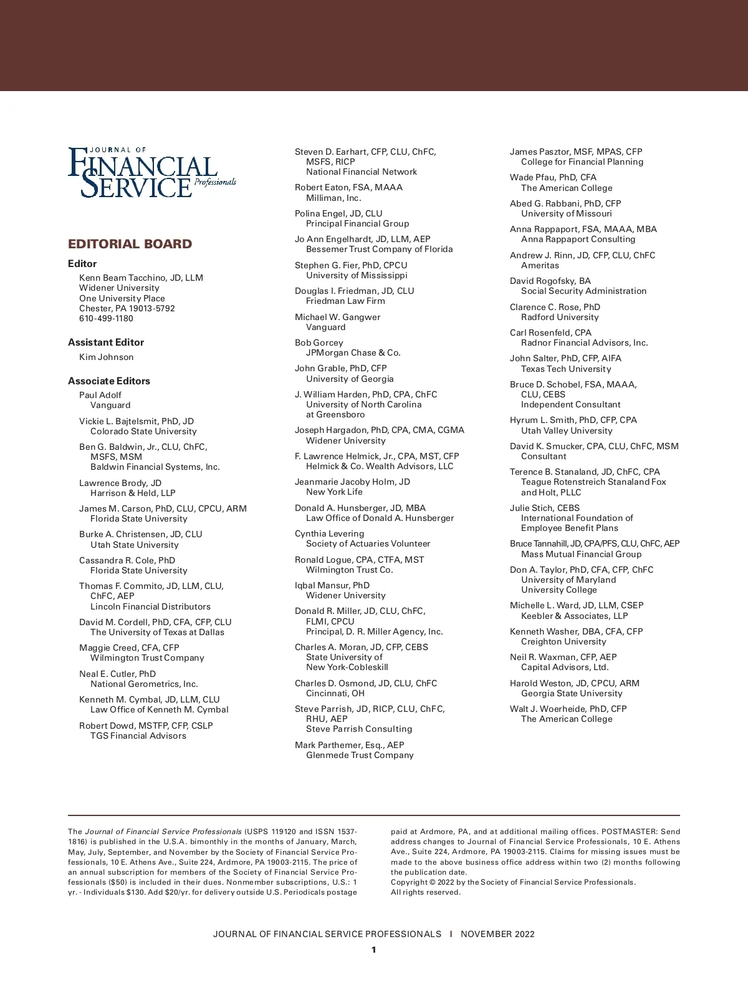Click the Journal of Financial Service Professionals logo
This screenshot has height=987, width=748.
coord(151,173)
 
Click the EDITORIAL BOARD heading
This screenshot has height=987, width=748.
coord(130,244)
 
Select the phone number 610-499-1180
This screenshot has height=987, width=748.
coord(106,318)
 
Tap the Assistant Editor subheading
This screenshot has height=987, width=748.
coord(106,343)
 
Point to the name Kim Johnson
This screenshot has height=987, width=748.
coord(106,357)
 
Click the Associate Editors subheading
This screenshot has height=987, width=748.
coord(109,381)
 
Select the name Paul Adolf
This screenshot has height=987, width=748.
coord(100,395)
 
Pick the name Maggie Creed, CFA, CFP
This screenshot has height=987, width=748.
coord(129,648)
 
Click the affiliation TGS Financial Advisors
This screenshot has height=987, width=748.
coord(138,736)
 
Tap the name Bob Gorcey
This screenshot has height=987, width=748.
coord(319,343)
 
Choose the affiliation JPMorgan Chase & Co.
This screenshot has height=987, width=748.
coord(353,352)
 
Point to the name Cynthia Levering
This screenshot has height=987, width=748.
coord(329,533)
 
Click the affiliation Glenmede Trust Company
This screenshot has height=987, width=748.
coord(360,755)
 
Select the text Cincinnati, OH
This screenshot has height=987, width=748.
coord(335,693)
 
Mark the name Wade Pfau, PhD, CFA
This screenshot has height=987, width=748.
coord(553,178)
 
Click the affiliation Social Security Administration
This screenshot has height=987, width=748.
coord(583,291)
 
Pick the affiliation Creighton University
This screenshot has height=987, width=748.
coord(563,641)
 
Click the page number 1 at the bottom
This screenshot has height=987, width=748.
coord(374,950)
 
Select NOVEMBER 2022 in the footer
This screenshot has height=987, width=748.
coord(497,934)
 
